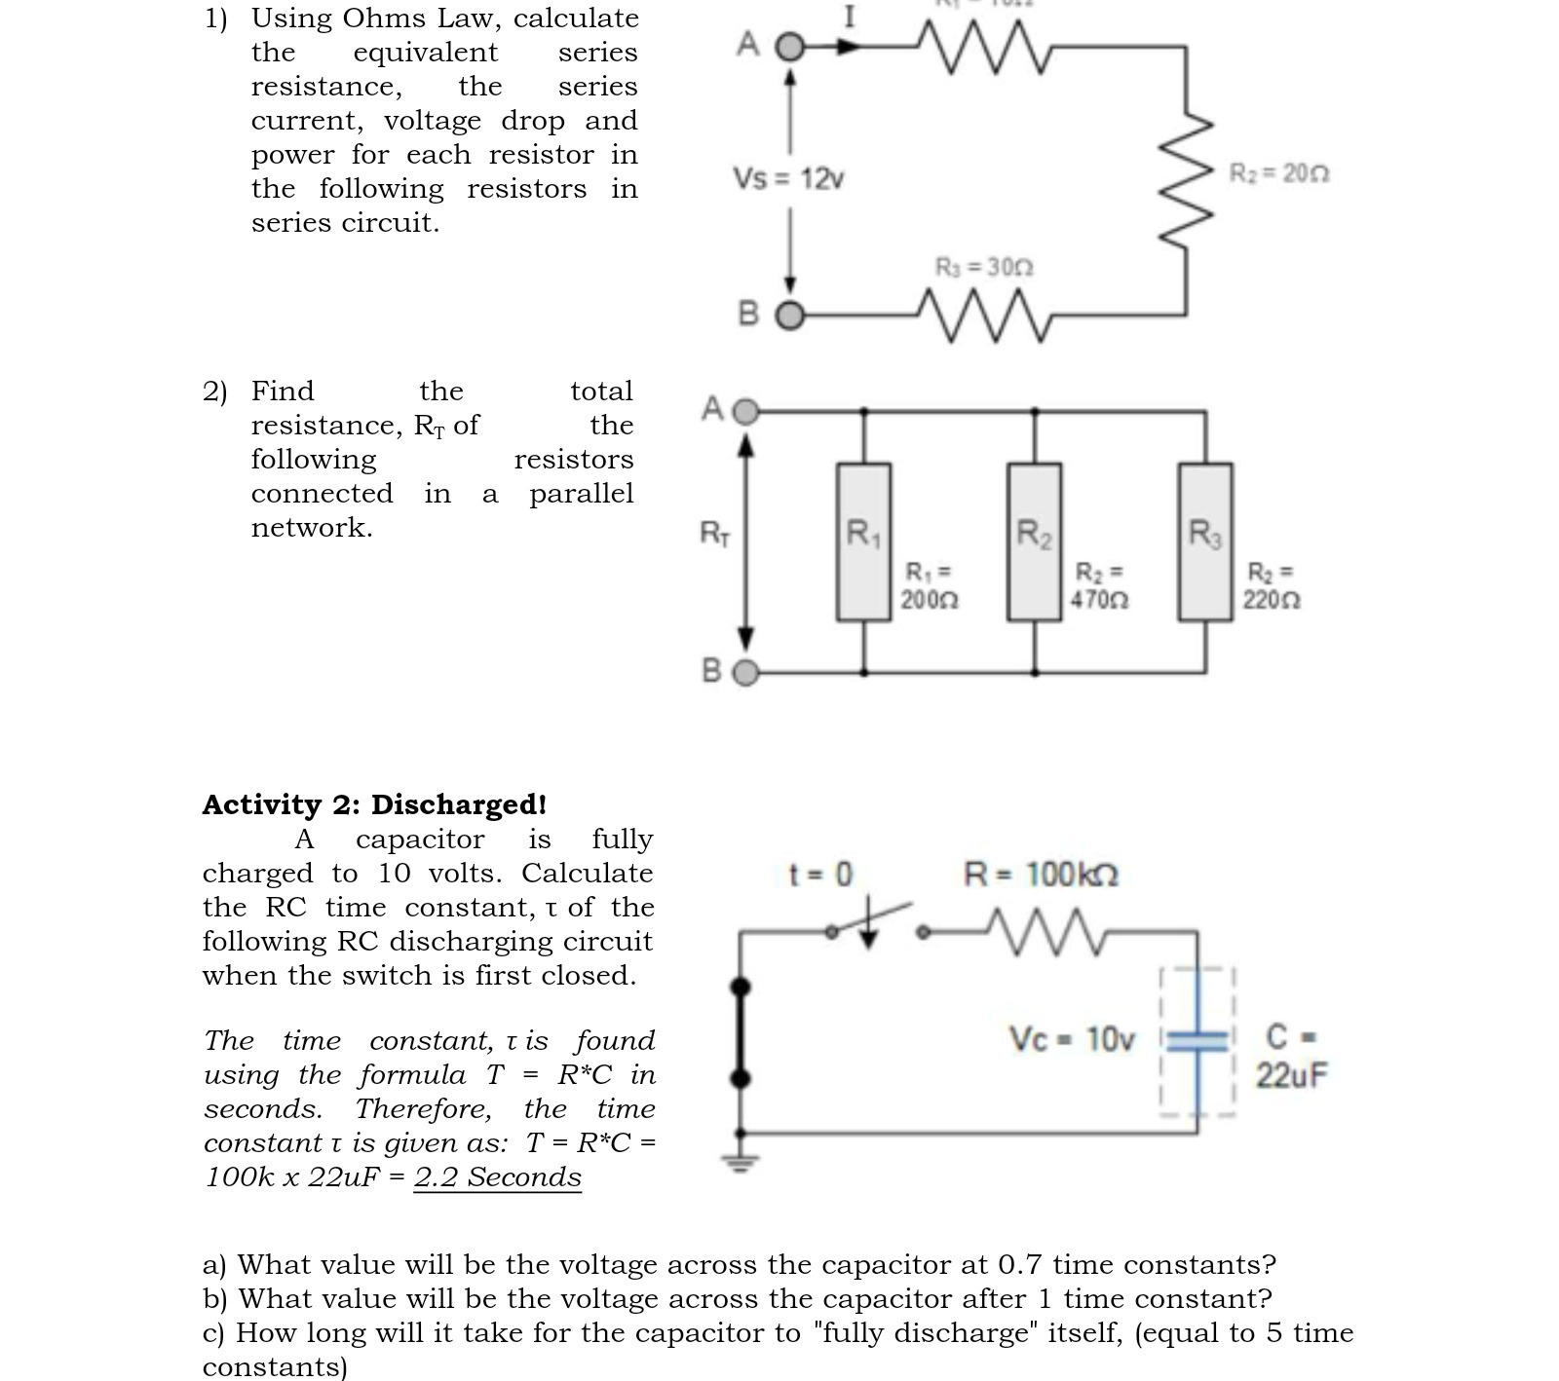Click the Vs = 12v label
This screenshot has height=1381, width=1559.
pos(787,179)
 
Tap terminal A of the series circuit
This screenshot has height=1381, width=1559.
pos(791,47)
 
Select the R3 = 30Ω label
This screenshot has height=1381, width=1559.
pos(983,267)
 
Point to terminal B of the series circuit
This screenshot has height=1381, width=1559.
pos(791,316)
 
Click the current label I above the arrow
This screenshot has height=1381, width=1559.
pos(850,17)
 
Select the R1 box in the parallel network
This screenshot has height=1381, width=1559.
pos(863,541)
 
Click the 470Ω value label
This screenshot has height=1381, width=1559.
pos(1099,586)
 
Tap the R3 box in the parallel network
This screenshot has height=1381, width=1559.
pos(1205,541)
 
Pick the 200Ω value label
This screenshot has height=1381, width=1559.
pos(929,586)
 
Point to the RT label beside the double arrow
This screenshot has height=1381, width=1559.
pos(715,534)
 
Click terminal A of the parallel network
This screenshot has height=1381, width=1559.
pos(745,412)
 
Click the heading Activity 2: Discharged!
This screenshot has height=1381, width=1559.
pos(374,804)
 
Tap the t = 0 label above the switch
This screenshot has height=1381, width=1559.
pos(819,874)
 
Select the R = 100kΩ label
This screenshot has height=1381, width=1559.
pos(1041,874)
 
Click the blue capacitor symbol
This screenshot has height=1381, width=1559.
pos(1198,1041)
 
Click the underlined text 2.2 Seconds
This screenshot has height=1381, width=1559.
pos(497,1176)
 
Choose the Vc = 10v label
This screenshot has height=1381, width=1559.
pos(1071,1040)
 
